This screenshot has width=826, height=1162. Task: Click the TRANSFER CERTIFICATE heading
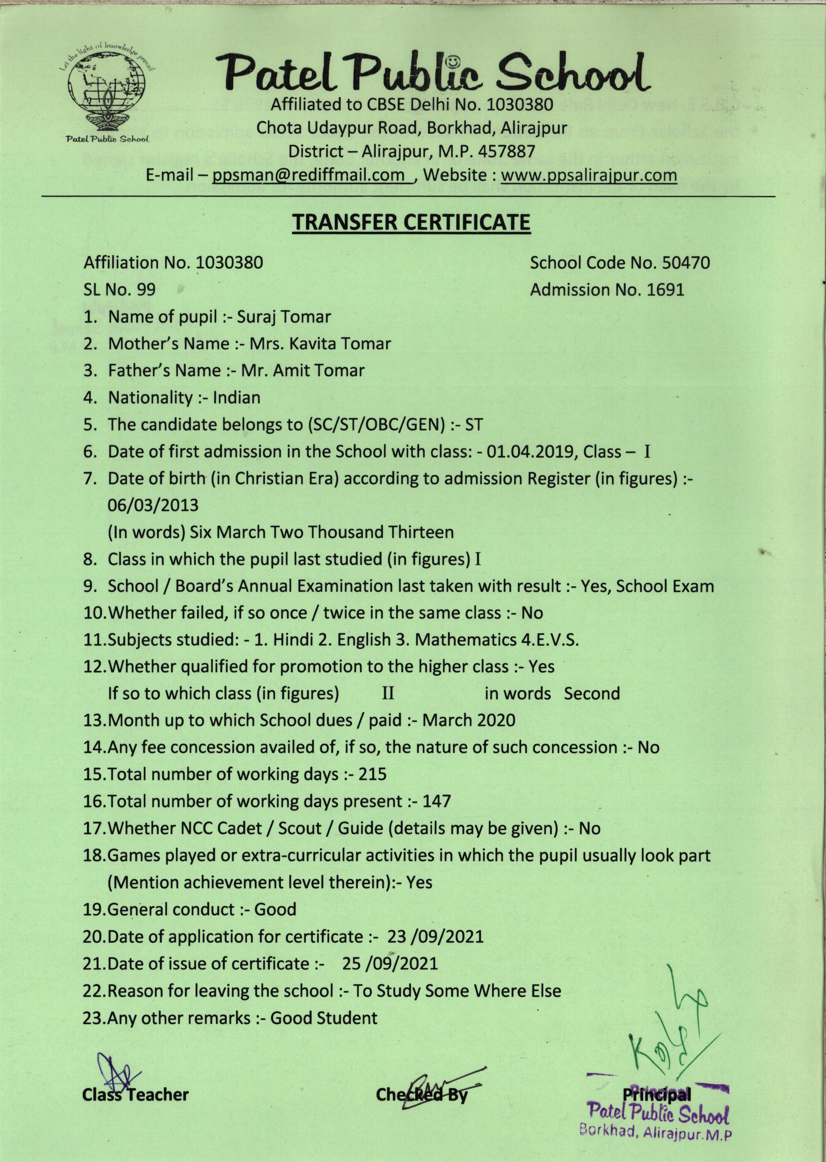411,222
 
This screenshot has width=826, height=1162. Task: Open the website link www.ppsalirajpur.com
589,176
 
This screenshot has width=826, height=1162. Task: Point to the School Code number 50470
686,263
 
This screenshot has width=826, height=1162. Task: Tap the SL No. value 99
146,290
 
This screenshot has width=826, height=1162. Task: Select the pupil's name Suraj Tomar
284,317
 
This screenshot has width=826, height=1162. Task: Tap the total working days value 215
372,774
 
